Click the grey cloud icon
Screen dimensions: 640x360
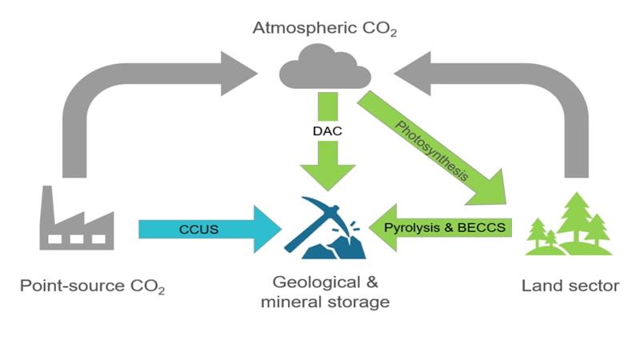[x=325, y=66]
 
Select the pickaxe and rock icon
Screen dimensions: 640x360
[x=326, y=228]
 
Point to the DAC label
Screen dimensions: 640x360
[x=327, y=131]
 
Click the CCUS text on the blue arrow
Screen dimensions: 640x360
[x=198, y=230]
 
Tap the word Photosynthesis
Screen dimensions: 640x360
[x=432, y=150]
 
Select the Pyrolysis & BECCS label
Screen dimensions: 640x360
[x=445, y=227]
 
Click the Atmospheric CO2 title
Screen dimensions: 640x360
[x=325, y=29]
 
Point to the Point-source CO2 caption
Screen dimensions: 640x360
[x=93, y=286]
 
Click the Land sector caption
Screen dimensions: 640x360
[x=570, y=286]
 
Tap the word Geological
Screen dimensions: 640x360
[x=311, y=282]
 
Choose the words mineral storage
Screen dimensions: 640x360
[x=326, y=302]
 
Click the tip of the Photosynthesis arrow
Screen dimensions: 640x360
[x=506, y=203]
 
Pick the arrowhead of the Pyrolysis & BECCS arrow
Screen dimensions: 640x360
[x=383, y=228]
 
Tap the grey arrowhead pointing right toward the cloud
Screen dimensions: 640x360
[x=239, y=74]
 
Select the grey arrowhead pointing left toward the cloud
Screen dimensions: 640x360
[x=412, y=74]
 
